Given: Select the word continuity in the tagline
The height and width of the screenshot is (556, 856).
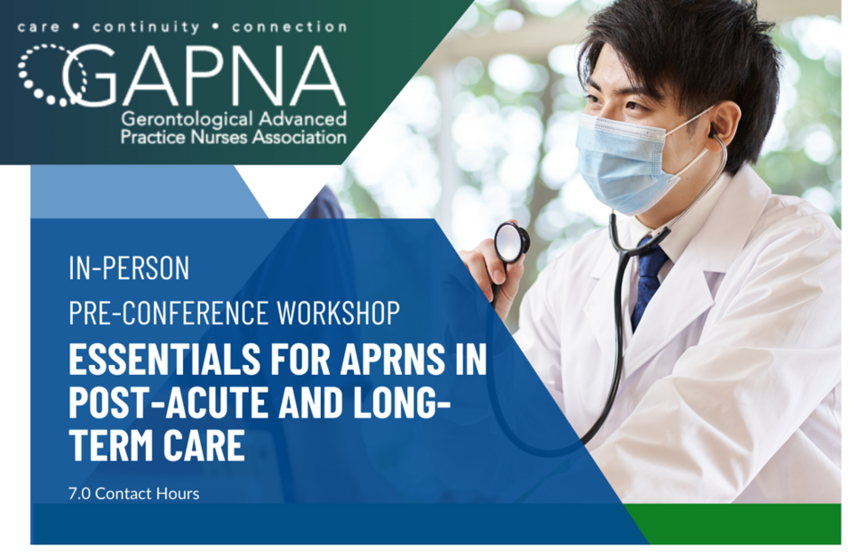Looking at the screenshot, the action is pos(146,27).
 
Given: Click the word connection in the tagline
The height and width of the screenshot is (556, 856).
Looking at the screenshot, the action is pos(289,27).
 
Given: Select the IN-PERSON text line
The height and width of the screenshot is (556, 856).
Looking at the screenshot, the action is pos(129,268).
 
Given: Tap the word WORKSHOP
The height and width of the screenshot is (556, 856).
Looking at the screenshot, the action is pos(338,313).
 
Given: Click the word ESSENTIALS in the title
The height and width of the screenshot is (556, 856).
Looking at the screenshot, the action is pos(164,359).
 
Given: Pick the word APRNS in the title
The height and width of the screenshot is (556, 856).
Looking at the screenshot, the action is pos(392,359).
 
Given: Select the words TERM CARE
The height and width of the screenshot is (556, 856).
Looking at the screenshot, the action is pos(157,445).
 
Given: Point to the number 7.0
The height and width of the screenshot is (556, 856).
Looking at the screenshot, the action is pos(79,494).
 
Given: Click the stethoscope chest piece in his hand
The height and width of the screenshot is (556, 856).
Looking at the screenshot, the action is pos(512,242).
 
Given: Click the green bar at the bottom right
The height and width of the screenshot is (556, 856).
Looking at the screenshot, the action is pos(739,524).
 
